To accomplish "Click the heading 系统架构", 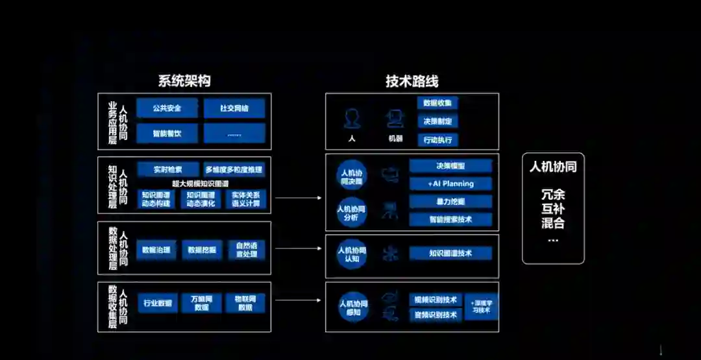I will [x=184, y=81].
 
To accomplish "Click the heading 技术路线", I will [x=412, y=81].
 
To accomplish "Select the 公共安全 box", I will [x=167, y=108].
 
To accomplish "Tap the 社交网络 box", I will [x=234, y=108].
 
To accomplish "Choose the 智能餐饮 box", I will [x=167, y=134].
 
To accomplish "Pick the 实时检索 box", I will [x=167, y=170].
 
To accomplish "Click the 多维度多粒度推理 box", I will [x=234, y=170].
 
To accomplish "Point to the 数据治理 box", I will [x=156, y=250].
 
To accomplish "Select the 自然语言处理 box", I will [x=246, y=250].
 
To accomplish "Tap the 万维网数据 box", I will [x=201, y=303].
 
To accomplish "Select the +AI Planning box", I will [x=450, y=184].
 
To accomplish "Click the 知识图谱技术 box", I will [x=450, y=253].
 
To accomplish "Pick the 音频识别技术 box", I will [x=436, y=315].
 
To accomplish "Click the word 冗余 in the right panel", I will [x=553, y=195].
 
